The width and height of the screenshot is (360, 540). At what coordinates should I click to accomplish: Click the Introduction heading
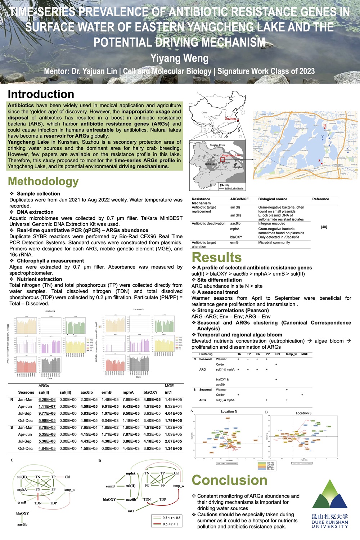(x=41, y=94)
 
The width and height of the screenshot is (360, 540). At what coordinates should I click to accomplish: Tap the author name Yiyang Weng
(x=179, y=58)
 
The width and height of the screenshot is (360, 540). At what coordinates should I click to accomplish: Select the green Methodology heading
(x=43, y=181)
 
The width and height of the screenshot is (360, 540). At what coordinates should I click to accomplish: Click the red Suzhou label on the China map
(x=231, y=119)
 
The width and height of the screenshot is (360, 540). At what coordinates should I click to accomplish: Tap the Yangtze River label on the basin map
(x=217, y=145)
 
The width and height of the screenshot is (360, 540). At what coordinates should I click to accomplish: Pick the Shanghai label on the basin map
(x=237, y=167)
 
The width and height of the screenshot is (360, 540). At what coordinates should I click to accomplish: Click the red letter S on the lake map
(x=319, y=161)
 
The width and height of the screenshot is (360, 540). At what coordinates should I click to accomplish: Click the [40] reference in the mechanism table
(x=324, y=227)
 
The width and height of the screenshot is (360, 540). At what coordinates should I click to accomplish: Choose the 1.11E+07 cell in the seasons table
(x=47, y=406)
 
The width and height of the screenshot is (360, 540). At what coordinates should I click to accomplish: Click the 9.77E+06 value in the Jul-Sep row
(x=47, y=413)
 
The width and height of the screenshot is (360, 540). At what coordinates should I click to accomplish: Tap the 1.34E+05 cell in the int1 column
(x=173, y=448)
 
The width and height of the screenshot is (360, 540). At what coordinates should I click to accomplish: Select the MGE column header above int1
(x=169, y=386)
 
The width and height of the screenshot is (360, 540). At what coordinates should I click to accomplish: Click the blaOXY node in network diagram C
(x=22, y=513)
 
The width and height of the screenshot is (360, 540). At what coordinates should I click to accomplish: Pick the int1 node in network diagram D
(x=131, y=511)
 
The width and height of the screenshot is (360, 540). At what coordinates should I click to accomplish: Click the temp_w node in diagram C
(x=69, y=490)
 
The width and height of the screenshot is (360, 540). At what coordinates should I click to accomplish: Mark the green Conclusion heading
(x=229, y=480)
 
